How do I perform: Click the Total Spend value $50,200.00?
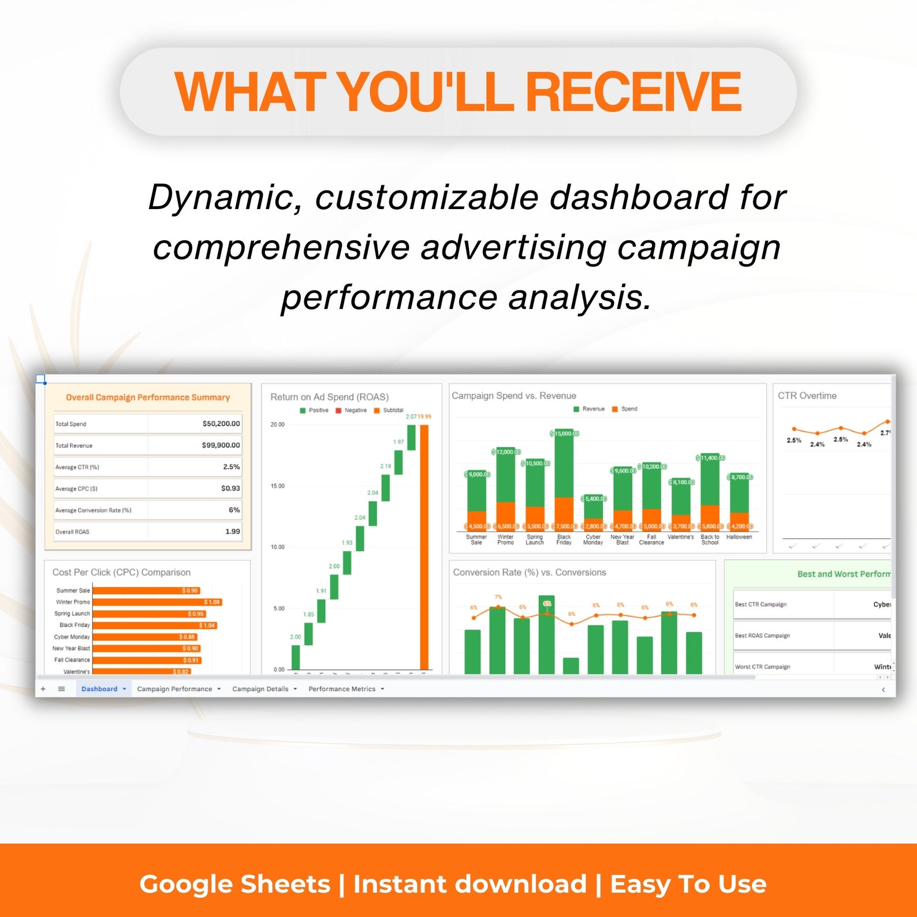click(221, 423)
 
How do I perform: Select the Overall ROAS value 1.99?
click(232, 531)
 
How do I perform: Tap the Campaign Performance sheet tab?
click(174, 689)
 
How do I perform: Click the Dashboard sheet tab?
click(99, 689)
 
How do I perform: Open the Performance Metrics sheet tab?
click(342, 689)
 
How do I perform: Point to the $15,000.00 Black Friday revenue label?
click(564, 433)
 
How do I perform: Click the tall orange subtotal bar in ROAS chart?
click(424, 546)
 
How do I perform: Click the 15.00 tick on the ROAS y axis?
click(277, 486)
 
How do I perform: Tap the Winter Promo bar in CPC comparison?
click(156, 602)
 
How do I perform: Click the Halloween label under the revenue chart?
click(739, 537)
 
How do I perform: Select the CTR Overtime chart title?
click(807, 396)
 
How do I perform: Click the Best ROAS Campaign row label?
click(762, 635)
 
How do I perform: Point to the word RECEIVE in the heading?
click(633, 91)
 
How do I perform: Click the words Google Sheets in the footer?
click(234, 884)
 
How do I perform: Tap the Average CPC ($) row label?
click(76, 489)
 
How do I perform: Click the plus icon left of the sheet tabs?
click(43, 689)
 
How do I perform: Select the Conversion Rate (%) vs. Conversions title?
click(529, 572)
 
